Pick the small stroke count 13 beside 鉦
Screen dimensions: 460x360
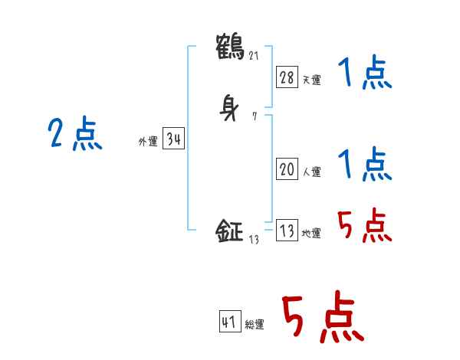(x=255, y=239)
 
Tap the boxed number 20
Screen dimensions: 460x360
(x=287, y=169)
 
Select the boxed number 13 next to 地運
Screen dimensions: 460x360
(x=287, y=231)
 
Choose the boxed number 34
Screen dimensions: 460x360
(x=173, y=139)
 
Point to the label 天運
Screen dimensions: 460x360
(x=311, y=79)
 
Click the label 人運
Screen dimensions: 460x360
(x=311, y=172)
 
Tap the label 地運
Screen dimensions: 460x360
(x=311, y=234)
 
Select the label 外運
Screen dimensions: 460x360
(x=147, y=142)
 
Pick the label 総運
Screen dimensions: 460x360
(x=255, y=325)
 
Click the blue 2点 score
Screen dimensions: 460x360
(x=75, y=135)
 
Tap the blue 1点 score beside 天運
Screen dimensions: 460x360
(x=364, y=74)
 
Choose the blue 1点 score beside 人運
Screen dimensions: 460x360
(x=364, y=164)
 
